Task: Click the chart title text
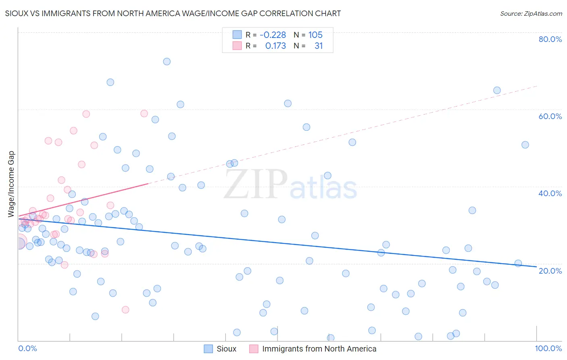point(173,14)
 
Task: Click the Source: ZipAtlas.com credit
point(531,14)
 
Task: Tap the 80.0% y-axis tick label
point(550,39)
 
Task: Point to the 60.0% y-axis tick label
point(550,116)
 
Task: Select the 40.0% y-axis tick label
point(550,193)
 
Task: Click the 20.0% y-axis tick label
point(550,271)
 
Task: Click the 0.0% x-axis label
point(27,348)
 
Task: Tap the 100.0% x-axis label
point(548,348)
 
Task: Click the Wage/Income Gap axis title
point(11,184)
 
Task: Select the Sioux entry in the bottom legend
point(226,349)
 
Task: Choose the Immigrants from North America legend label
point(319,349)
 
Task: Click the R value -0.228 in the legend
point(273,35)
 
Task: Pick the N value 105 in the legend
point(315,35)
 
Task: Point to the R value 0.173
point(275,46)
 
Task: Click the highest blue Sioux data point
point(167,62)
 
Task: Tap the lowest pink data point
point(125,310)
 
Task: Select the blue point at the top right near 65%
point(497,90)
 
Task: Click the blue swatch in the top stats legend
point(237,35)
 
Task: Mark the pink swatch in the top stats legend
point(237,46)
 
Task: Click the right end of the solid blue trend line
point(536,267)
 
